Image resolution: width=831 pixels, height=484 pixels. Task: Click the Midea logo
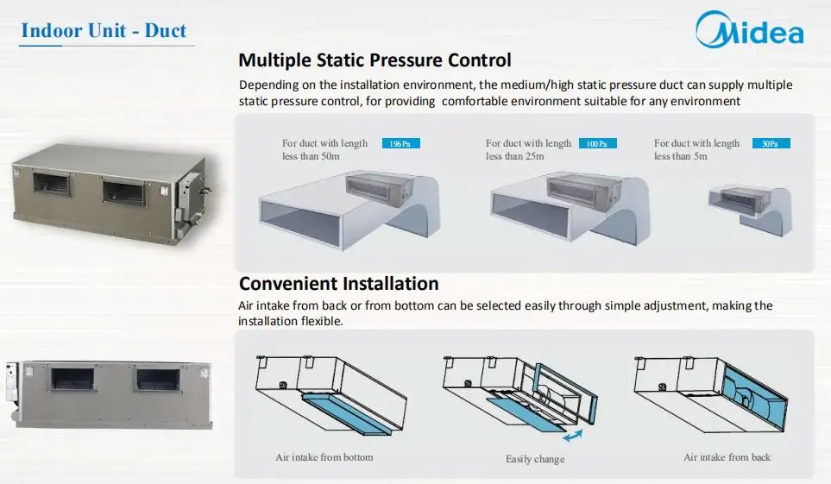pyautogui.click(x=749, y=32)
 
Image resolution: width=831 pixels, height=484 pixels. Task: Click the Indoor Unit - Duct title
pyautogui.click(x=104, y=31)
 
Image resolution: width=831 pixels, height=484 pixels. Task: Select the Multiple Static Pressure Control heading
pyautogui.click(x=375, y=60)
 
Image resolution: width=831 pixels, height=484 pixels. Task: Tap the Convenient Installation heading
pyautogui.click(x=338, y=284)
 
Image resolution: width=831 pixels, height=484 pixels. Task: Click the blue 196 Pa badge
pyautogui.click(x=400, y=144)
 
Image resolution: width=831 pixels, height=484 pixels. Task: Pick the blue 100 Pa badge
pyautogui.click(x=596, y=144)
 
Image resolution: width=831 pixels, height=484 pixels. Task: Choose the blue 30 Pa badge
pyautogui.click(x=770, y=144)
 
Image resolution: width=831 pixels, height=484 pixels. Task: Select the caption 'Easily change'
pyautogui.click(x=534, y=459)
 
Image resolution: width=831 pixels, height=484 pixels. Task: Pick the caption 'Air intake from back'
pyautogui.click(x=727, y=456)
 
